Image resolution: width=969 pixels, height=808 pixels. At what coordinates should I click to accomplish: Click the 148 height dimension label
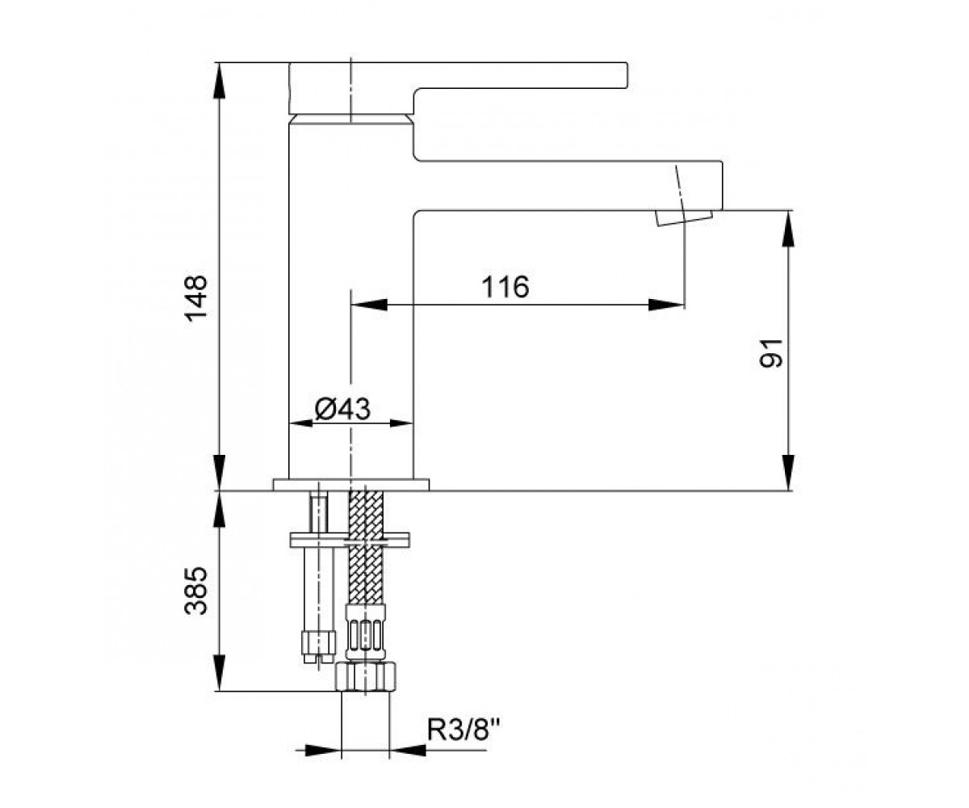coord(195,297)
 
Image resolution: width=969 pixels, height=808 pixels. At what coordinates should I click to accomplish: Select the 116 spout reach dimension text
coord(505,287)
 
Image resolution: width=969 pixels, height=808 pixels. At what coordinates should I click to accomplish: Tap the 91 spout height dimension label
coord(770,353)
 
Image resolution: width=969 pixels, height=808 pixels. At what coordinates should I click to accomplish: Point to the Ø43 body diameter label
coord(342,409)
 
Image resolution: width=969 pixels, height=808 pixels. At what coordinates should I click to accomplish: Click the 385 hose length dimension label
coord(195,591)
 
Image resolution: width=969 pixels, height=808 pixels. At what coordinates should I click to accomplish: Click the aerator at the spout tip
coord(683,218)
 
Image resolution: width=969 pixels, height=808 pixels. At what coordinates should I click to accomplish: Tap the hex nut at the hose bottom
coord(366,677)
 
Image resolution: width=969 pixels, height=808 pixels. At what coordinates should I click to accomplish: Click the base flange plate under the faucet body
coord(350,484)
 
